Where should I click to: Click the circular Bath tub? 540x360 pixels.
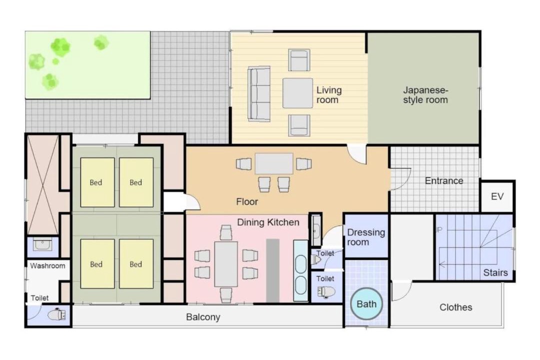(366, 304)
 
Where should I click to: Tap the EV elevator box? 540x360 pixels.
(497, 196)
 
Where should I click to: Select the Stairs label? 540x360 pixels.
(495, 273)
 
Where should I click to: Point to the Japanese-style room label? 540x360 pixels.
(425, 95)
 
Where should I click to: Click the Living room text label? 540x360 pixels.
(329, 95)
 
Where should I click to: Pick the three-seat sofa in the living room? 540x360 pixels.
(259, 94)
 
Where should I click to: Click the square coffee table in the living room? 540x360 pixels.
(298, 93)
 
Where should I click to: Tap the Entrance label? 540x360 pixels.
(444, 181)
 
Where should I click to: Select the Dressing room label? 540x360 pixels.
(365, 237)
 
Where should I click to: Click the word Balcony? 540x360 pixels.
(203, 317)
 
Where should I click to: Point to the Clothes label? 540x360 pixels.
(455, 307)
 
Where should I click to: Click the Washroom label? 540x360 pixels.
(47, 266)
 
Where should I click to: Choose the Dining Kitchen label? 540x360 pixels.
(268, 222)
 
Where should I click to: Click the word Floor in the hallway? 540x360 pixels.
(247, 202)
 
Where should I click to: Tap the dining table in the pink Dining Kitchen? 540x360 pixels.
(226, 264)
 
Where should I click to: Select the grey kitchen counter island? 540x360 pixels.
(273, 270)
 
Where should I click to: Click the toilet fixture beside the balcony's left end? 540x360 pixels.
(56, 314)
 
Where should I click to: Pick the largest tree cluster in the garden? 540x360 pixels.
(60, 47)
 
